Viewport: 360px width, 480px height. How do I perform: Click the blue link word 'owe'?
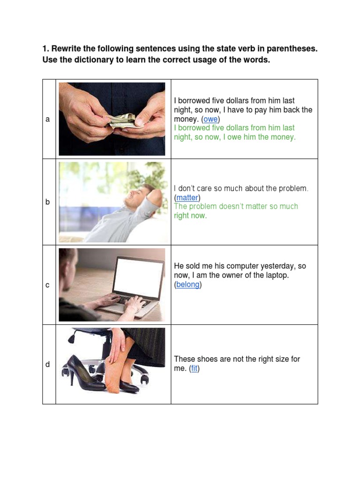pyautogui.click(x=210, y=119)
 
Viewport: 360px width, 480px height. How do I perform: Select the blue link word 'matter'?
pyautogui.click(x=187, y=198)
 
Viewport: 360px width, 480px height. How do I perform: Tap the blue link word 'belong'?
pyautogui.click(x=187, y=285)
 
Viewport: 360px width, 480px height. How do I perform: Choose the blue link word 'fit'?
pyautogui.click(x=195, y=368)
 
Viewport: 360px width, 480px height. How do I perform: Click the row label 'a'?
pyautogui.click(x=47, y=119)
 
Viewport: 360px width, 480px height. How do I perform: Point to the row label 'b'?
pyautogui.click(x=47, y=202)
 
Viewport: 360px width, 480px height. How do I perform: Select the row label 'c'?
pyautogui.click(x=47, y=285)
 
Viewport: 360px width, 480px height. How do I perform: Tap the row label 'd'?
pyautogui.click(x=47, y=364)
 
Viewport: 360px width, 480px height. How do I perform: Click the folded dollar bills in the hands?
pyautogui.click(x=122, y=120)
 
